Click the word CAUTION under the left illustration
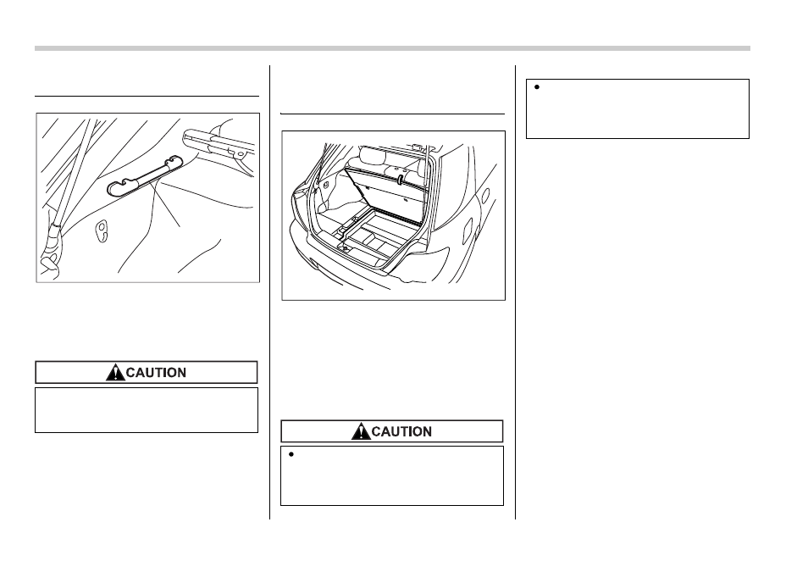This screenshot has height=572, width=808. pos(156,372)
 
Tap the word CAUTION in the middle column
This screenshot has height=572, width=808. pos(401,431)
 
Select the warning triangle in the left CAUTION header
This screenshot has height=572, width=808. pos(115,372)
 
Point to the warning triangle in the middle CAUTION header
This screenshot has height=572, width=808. pos(361,430)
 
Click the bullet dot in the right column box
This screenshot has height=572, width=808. pos(536,87)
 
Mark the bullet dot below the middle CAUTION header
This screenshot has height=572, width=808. pos(291,454)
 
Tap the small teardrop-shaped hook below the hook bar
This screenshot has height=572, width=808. pos(102,230)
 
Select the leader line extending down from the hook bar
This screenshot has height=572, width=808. pos(167,202)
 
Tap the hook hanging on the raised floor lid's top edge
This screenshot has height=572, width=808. pos(400,179)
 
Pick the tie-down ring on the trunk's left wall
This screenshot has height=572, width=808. pos(326,184)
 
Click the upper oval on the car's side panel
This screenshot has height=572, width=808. pos(485,196)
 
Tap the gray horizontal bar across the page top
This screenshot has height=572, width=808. pos(392,48)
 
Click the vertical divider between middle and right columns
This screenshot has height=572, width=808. pos(515,292)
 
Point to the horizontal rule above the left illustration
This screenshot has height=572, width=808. pos(147,96)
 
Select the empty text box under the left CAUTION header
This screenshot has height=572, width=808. pos(147,410)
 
